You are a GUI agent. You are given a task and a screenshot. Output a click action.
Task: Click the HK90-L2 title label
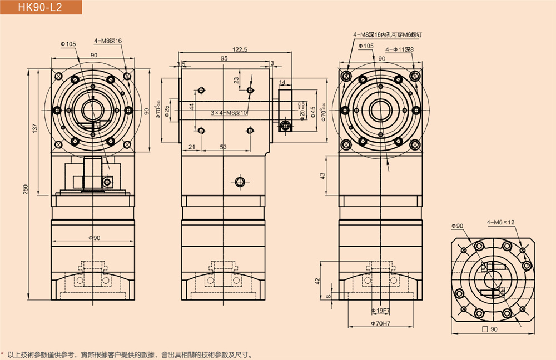(39, 7)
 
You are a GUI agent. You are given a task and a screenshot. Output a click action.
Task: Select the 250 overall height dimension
(26, 189)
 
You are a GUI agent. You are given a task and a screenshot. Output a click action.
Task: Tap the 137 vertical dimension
(35, 128)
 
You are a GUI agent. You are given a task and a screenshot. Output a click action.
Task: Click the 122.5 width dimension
(240, 49)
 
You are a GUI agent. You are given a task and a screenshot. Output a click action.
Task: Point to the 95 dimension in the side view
(224, 58)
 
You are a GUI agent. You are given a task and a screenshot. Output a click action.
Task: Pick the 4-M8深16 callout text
(108, 41)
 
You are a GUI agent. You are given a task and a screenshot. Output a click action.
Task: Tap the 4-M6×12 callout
(500, 222)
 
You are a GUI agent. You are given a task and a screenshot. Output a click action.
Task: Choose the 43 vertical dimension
(322, 176)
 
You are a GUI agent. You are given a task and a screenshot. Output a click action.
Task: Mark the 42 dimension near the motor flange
(317, 281)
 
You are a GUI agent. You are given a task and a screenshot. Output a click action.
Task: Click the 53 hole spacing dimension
(224, 147)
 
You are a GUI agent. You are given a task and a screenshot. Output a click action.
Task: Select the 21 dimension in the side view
(191, 147)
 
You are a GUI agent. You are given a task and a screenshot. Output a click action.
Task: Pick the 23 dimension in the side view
(236, 81)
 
